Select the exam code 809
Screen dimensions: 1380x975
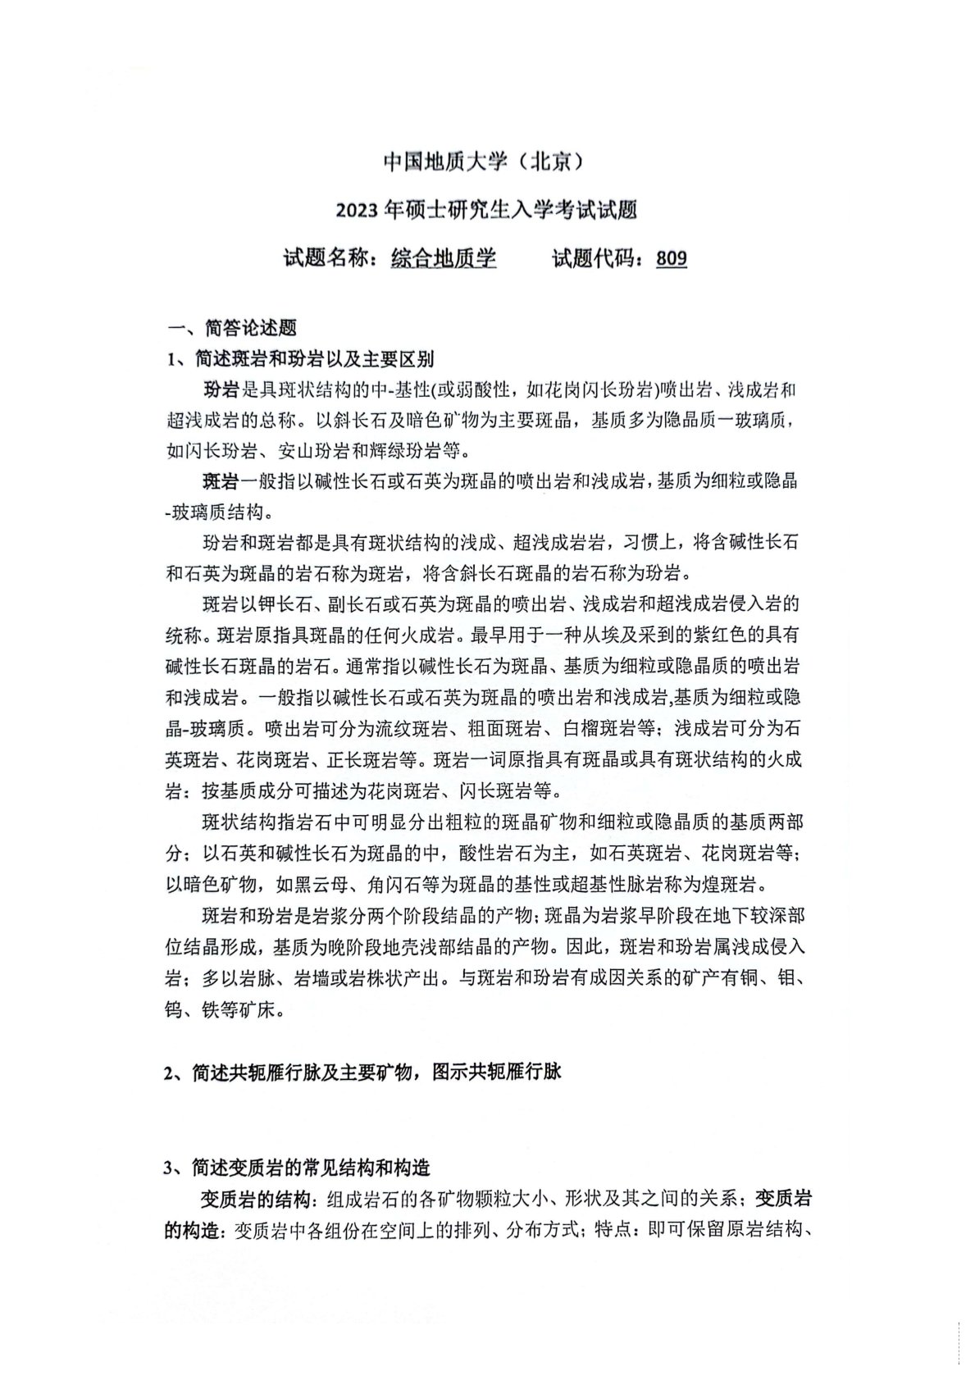[x=672, y=259]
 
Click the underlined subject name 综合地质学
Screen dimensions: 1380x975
[x=444, y=259]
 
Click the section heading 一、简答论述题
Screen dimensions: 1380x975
[x=232, y=328]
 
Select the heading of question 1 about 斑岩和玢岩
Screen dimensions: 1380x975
[x=300, y=359]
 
